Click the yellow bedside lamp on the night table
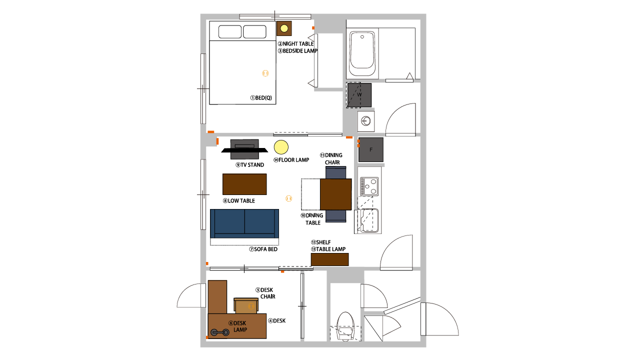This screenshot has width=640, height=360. tap(284, 28)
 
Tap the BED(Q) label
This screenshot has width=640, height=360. tap(261, 97)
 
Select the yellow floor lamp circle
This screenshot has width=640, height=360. tap(281, 147)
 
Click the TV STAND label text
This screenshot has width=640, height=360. tap(249, 165)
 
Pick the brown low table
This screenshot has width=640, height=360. tap(244, 184)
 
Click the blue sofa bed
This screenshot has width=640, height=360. tap(244, 223)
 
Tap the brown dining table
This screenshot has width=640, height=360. tap(335, 194)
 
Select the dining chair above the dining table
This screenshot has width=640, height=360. tap(335, 172)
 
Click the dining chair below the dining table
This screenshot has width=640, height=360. tap(335, 216)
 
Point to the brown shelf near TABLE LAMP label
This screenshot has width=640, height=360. tap(329, 259)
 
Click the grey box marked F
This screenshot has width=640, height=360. tap(371, 149)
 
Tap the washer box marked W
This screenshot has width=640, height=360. tap(359, 95)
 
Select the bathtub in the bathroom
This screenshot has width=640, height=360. tap(362, 54)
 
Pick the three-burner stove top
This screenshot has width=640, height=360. tap(369, 186)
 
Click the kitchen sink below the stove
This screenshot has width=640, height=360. tap(369, 220)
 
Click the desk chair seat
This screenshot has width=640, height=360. tap(246, 305)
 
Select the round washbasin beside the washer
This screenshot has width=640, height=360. tap(366, 121)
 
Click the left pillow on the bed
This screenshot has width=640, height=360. tap(230, 31)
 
